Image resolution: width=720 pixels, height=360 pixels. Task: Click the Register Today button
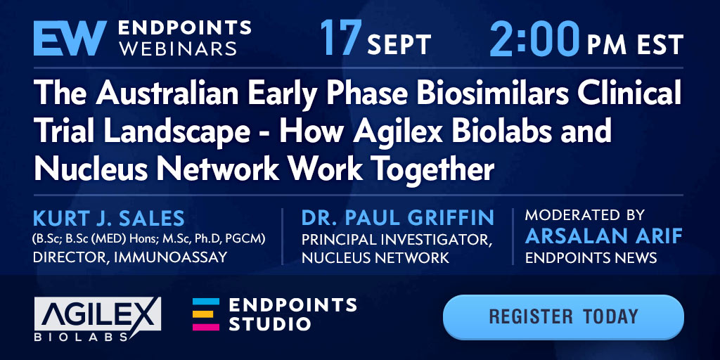click(x=563, y=317)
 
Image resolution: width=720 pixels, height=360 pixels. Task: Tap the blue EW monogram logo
click(x=70, y=38)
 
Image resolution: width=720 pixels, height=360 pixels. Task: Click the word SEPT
click(x=399, y=44)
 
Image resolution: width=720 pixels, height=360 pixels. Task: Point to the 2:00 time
click(x=534, y=38)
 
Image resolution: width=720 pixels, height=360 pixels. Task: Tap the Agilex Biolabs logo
click(x=98, y=319)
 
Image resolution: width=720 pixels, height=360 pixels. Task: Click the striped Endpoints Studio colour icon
click(x=206, y=314)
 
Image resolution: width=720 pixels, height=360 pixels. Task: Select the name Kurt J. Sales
click(x=109, y=219)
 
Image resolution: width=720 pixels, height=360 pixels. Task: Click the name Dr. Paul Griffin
click(x=398, y=218)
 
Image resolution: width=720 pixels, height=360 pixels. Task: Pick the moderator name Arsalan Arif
click(x=603, y=236)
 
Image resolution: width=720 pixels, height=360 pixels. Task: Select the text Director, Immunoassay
click(x=130, y=257)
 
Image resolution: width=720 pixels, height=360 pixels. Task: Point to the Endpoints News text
click(x=591, y=257)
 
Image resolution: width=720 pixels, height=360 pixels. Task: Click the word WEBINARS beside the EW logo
click(x=178, y=48)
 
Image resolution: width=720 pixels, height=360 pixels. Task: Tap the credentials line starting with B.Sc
click(x=149, y=239)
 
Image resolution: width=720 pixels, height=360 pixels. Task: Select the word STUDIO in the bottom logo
click(x=270, y=323)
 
